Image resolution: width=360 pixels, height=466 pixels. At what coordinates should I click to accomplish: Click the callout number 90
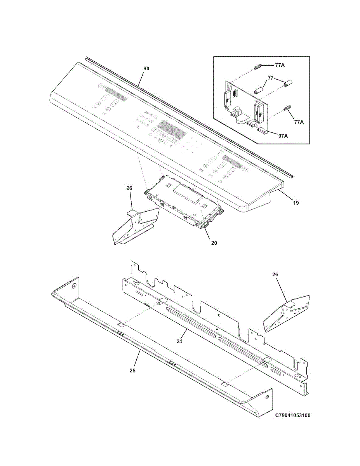pos(146,69)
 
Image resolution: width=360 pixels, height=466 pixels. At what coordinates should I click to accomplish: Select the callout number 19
pos(296,202)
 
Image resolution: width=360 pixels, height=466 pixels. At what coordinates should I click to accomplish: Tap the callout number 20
pos(214,243)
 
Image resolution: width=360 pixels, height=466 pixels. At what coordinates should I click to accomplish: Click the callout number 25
pos(132,370)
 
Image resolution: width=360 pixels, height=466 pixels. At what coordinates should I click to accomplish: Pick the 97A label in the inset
pos(283,136)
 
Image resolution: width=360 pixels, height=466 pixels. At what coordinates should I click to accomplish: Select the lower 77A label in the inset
pos(299,122)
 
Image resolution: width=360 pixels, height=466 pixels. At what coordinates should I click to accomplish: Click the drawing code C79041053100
pos(293,416)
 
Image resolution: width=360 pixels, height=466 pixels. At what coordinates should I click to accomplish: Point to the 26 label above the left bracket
pos(129,188)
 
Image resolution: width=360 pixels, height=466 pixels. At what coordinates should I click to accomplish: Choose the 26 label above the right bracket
pos(275,275)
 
